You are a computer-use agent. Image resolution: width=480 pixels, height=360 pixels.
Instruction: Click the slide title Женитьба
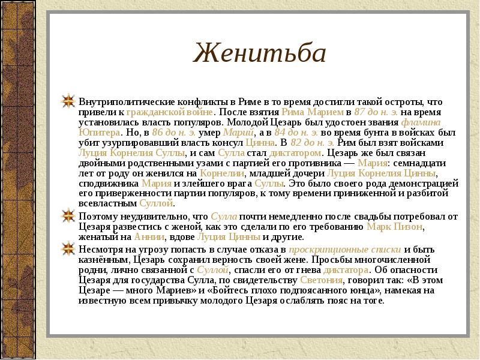(x=259, y=53)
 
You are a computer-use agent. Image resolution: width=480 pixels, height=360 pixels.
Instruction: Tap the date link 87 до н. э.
(x=375, y=112)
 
